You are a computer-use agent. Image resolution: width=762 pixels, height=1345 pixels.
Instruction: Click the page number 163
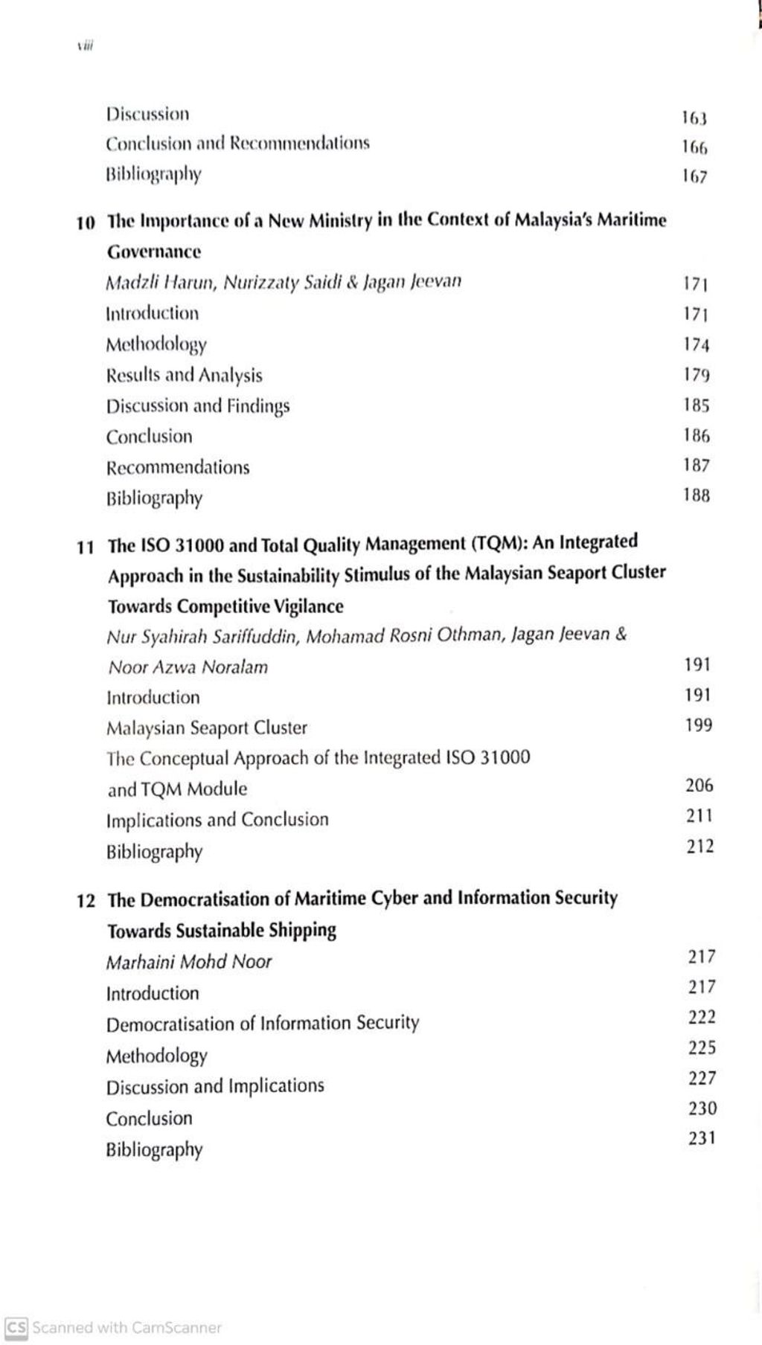tap(694, 118)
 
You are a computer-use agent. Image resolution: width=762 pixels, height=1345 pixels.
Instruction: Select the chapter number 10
tap(86, 222)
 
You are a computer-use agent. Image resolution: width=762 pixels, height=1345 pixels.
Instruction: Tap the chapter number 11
tap(86, 548)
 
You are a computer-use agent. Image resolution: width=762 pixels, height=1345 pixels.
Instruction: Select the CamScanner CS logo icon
tap(16, 1327)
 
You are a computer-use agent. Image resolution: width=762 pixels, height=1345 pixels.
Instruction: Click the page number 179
tap(697, 374)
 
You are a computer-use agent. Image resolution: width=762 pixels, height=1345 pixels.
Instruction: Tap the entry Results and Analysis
tap(184, 376)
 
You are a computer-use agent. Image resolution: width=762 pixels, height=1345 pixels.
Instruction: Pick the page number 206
tap(699, 786)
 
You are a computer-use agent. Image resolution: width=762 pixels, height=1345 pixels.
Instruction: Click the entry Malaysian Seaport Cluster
tap(206, 728)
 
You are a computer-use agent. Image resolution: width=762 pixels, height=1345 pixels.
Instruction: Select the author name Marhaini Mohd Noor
tap(189, 962)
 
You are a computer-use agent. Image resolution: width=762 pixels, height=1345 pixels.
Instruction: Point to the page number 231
tap(702, 1138)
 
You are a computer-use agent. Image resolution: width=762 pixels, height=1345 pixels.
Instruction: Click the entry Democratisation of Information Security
tap(263, 1024)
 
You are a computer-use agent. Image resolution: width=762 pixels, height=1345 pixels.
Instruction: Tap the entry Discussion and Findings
tap(198, 406)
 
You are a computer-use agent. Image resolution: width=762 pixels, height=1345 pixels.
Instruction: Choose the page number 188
tap(697, 495)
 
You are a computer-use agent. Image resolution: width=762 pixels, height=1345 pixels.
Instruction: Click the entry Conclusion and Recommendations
tap(237, 143)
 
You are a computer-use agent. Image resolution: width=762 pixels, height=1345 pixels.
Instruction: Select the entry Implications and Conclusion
tap(217, 820)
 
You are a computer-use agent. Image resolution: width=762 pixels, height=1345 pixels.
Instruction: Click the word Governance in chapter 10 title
tap(154, 252)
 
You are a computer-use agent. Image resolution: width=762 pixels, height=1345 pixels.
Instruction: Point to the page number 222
tap(702, 1017)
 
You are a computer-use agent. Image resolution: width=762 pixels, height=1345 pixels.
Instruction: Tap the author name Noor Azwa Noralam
tap(188, 667)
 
